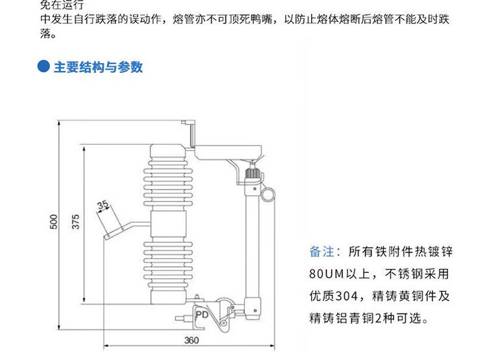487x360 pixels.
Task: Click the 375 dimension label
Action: [x=75, y=222]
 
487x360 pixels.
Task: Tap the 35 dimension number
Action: [x=103, y=206]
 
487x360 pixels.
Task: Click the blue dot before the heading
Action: [x=44, y=67]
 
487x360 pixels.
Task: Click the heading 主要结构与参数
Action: [x=98, y=67]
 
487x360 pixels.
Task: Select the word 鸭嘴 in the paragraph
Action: [x=267, y=20]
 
